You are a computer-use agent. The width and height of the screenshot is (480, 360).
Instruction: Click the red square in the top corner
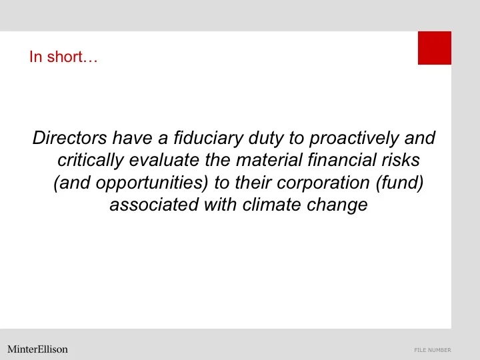[x=435, y=48]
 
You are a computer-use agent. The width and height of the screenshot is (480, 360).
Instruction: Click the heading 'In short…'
[x=63, y=57]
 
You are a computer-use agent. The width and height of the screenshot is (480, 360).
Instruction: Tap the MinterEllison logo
[x=37, y=349]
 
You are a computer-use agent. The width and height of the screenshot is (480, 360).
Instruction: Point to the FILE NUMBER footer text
[x=432, y=350]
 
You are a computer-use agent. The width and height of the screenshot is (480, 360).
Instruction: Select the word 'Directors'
[x=70, y=138]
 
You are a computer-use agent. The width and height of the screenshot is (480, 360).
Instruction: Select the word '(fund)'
[x=398, y=182]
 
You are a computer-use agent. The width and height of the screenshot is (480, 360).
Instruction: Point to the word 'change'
[x=337, y=204]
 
